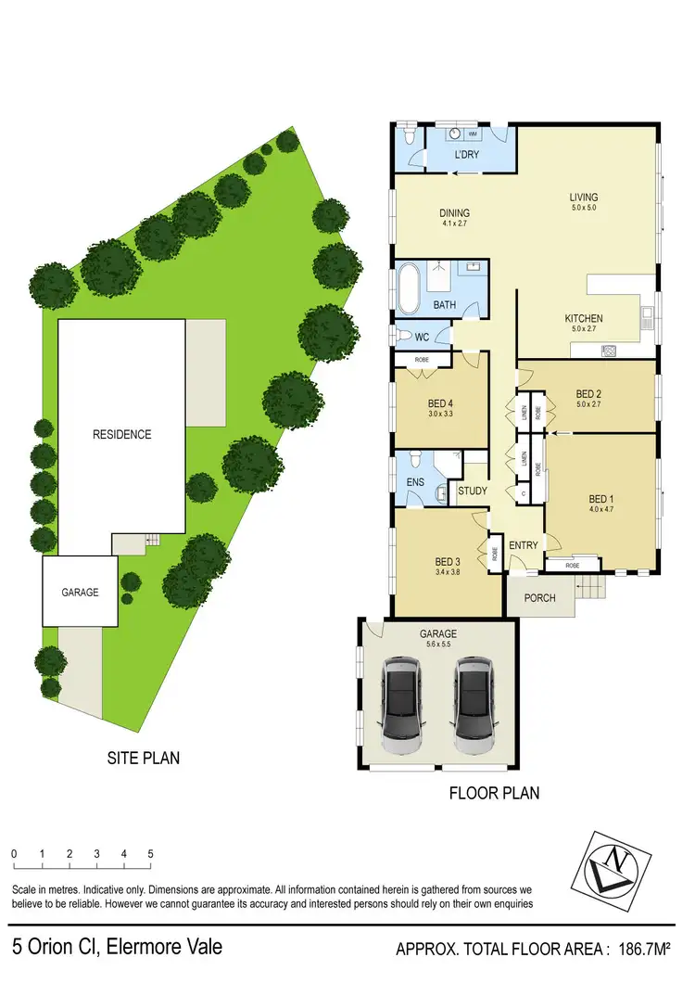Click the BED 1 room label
601,499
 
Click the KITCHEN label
584,318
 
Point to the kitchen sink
611,351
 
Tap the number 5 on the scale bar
150,853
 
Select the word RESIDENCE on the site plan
121,434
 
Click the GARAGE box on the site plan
80,591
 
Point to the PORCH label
539,598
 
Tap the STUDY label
473,491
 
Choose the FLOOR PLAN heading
494,793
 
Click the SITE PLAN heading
143,758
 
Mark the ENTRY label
524,545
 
